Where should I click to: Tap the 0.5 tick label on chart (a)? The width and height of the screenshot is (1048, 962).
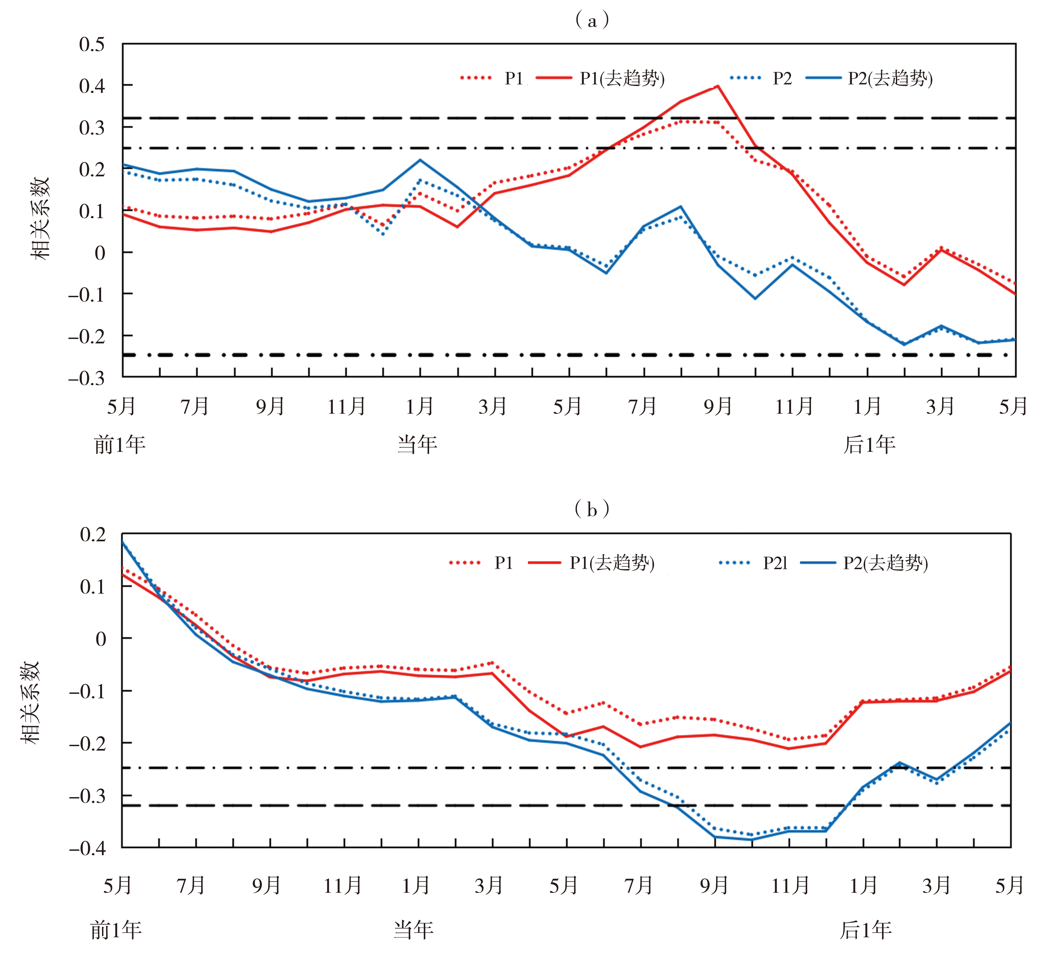[x=92, y=44]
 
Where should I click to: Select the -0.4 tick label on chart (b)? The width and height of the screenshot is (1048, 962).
[x=87, y=848]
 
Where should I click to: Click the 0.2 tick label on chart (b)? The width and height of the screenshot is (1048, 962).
[x=93, y=535]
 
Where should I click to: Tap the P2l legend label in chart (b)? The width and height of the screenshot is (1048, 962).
[x=775, y=563]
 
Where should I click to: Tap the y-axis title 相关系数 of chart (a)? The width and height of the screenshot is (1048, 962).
[x=40, y=219]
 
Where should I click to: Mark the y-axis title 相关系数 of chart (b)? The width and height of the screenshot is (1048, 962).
[x=30, y=703]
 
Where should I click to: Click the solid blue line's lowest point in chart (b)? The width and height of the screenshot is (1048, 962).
[x=751, y=839]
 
